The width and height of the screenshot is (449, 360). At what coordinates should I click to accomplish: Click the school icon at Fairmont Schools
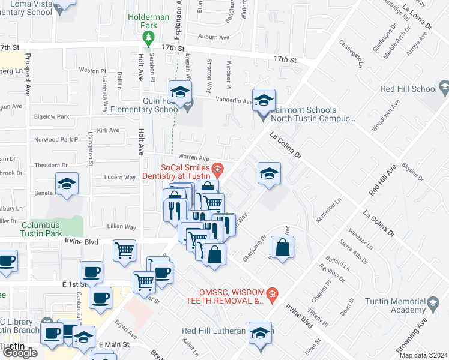(x=263, y=100)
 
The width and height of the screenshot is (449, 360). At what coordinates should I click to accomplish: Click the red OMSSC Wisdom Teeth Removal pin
(x=271, y=293)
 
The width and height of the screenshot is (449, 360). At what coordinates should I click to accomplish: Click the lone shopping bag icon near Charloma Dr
(x=282, y=247)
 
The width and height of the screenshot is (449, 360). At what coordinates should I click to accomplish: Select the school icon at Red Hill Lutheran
(x=260, y=334)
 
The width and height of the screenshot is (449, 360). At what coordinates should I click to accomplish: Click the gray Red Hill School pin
(x=444, y=89)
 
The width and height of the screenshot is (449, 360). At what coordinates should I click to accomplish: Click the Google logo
(x=20, y=353)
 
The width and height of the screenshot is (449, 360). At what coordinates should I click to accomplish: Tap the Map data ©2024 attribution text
(x=423, y=355)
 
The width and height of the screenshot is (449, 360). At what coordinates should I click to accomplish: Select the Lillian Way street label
(x=121, y=227)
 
